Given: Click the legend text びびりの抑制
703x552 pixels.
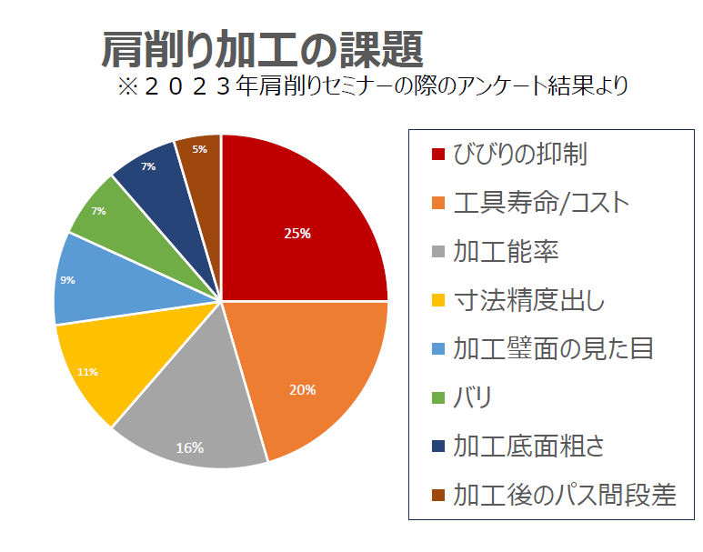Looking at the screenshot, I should pyautogui.click(x=519, y=154).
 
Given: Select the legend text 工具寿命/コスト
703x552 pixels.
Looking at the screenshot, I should pyautogui.click(x=540, y=202).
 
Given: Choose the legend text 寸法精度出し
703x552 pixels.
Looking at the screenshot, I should pyautogui.click(x=528, y=299).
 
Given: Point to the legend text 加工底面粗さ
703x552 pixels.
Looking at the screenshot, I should pyautogui.click(x=528, y=446).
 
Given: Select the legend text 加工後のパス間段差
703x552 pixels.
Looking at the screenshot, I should pyautogui.click(x=565, y=495).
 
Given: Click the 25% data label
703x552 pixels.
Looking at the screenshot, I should pyautogui.click(x=297, y=233).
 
